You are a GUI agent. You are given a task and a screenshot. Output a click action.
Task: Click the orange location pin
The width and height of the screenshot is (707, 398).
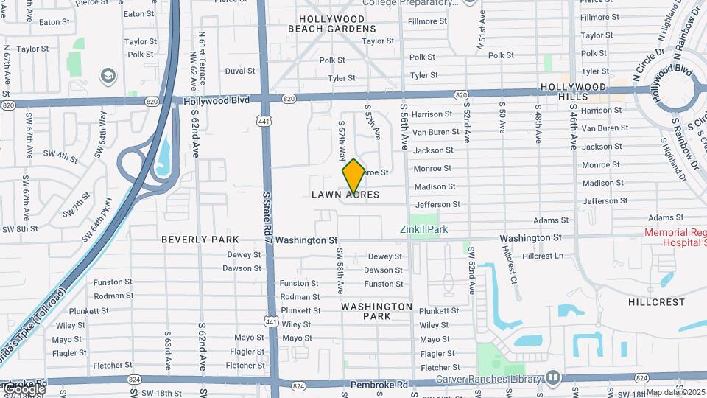[353, 176]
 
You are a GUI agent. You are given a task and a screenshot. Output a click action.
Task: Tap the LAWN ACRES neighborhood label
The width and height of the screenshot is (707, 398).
[345, 195]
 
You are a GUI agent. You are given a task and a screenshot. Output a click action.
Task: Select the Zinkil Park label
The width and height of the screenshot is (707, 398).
[423, 229]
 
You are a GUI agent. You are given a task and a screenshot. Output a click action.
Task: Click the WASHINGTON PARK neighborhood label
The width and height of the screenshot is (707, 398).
[377, 311]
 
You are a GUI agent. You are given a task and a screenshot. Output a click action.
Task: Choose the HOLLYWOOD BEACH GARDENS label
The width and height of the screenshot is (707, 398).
[331, 24]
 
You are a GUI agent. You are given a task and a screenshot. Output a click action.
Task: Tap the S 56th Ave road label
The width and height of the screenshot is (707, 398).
[404, 126]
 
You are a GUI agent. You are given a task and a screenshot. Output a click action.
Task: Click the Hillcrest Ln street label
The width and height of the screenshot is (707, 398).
[542, 256]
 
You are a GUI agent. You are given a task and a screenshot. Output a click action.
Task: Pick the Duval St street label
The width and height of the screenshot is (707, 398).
[240, 71]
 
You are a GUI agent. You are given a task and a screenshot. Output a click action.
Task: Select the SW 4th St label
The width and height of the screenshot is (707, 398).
[60, 156]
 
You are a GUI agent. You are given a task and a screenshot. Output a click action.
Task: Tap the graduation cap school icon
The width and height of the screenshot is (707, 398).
[108, 76]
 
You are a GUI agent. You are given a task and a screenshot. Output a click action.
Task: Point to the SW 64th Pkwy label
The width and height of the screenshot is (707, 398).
[98, 220]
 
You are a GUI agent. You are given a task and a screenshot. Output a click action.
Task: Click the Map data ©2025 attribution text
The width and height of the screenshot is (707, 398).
[675, 393]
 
